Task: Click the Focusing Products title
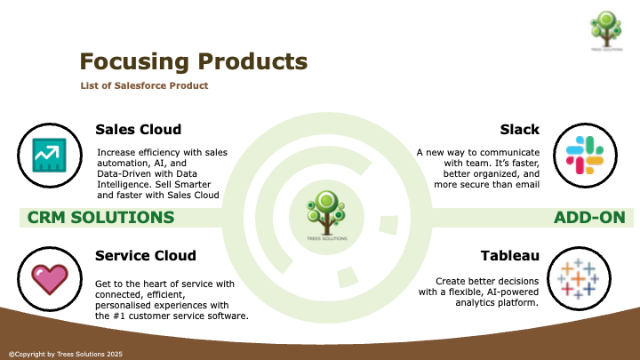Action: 194,62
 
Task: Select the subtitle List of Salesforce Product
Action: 144,85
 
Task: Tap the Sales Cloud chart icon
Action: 50,155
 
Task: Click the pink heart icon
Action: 50,279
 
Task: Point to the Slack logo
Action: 585,155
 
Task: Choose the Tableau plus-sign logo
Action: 579,279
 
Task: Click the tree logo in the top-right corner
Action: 606,31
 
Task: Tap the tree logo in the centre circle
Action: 326,215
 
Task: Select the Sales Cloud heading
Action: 139,130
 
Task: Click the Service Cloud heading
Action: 146,255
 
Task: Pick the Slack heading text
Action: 520,130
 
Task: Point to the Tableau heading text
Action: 510,255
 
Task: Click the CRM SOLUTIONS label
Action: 100,218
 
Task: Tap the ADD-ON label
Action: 589,218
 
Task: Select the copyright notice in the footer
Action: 66,355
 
